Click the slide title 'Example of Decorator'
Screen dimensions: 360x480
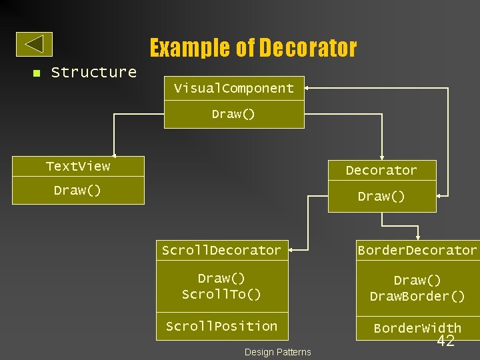253,48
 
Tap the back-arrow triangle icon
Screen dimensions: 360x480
35,44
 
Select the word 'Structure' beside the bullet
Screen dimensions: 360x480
93,72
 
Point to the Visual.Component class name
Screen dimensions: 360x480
234,88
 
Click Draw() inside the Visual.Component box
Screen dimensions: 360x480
234,114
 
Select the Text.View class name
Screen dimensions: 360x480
78,166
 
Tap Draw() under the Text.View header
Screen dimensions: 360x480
78,191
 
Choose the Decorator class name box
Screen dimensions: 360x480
381,171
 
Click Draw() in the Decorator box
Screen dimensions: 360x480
381,197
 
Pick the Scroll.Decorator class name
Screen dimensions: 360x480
222,250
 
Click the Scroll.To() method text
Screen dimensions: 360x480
222,294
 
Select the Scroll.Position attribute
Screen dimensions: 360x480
222,326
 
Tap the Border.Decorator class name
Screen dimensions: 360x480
417,250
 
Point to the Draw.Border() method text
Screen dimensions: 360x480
417,296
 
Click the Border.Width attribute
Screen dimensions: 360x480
417,328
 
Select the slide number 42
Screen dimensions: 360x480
445,341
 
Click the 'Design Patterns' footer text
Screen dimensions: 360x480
277,352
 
